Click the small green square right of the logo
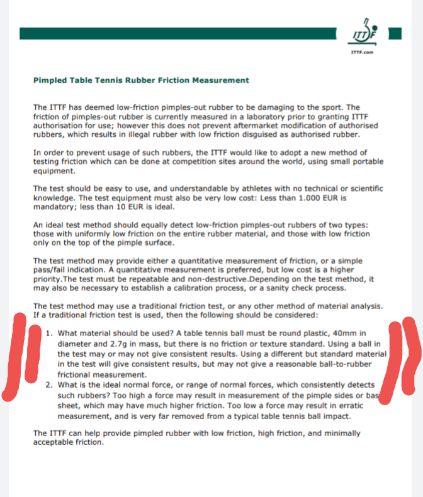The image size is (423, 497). (x=395, y=33)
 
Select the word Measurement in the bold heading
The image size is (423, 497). (x=220, y=80)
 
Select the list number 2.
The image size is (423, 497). (x=49, y=384)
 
